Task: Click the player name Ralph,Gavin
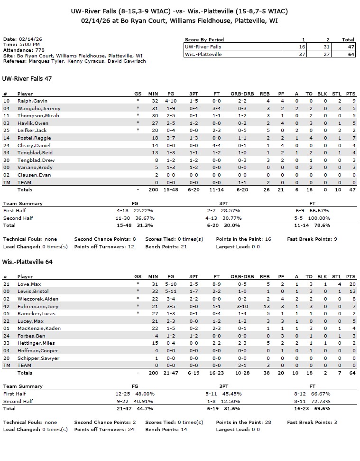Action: pos(32,101)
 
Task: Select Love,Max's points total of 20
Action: pos(351,284)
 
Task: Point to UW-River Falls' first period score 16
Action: pos(303,47)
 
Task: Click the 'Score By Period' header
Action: pos(204,40)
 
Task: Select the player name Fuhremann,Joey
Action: pos(38,306)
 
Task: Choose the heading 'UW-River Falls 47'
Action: pos(27,79)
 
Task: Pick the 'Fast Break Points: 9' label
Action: pos(312,239)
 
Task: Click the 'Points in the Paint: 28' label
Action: pos(243,422)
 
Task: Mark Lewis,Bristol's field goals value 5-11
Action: pos(175,292)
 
